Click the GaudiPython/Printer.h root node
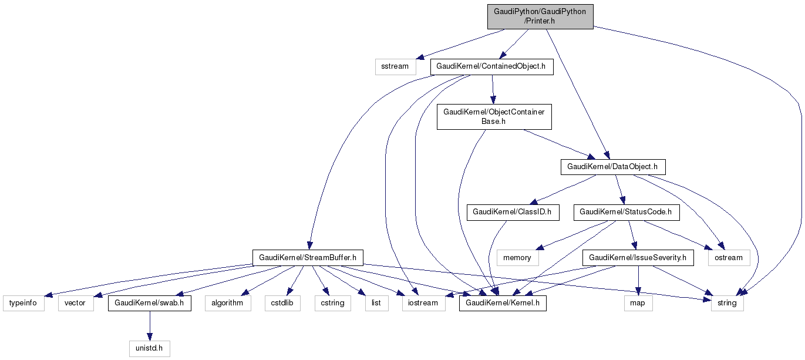click(x=540, y=16)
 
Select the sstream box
click(x=395, y=66)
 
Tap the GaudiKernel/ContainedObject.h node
click(x=491, y=66)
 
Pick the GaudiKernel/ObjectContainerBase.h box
click(x=494, y=116)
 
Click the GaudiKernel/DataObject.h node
click(x=612, y=167)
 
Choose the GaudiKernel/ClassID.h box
click(x=513, y=212)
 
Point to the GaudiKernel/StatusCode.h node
click(x=626, y=212)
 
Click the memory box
click(x=517, y=257)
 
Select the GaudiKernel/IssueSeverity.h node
click(x=637, y=257)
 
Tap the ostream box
click(x=728, y=257)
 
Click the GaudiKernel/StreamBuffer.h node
click(x=308, y=257)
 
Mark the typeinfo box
click(x=23, y=303)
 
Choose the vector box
click(x=76, y=303)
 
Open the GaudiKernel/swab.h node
click(x=149, y=303)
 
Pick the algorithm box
click(x=227, y=303)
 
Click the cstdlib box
click(x=282, y=303)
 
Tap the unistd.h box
click(x=149, y=348)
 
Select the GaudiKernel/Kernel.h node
click(x=503, y=303)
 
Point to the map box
click(x=637, y=303)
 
